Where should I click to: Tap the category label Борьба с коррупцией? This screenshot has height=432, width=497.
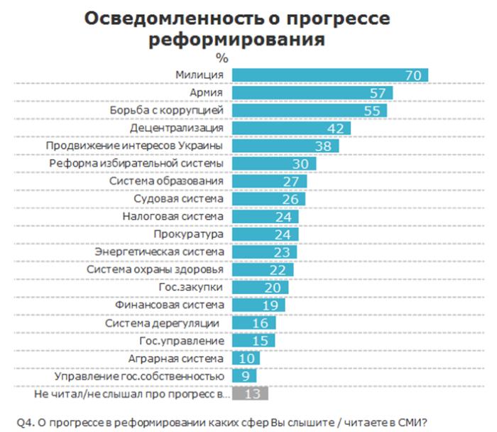(x=168, y=111)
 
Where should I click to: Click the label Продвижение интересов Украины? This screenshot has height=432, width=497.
(x=135, y=146)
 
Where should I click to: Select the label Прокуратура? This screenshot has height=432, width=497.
(x=189, y=234)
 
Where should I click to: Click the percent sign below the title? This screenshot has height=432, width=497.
(x=222, y=58)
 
